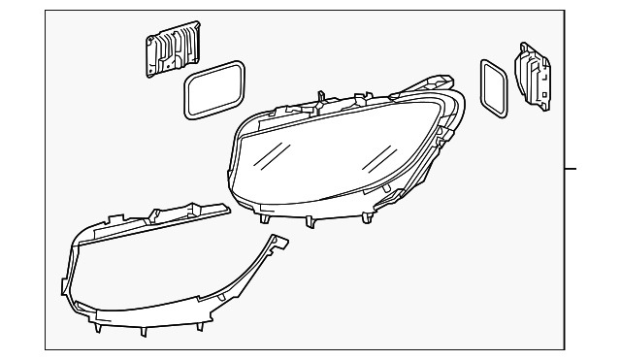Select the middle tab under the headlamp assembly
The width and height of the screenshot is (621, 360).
click(310, 220)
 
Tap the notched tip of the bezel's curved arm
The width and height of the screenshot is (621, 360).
click(281, 243)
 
